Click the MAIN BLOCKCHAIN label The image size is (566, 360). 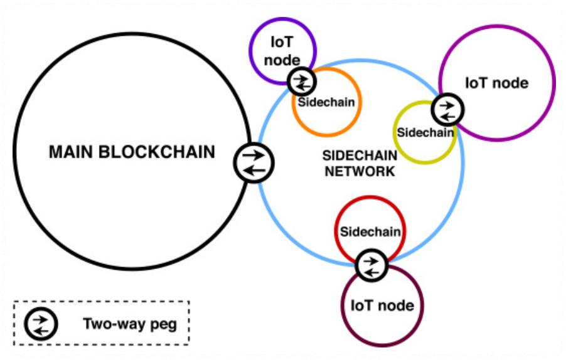point(132,152)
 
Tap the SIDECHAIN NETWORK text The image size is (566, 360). point(359,163)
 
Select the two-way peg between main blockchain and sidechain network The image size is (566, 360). point(254,162)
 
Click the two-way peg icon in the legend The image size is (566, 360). point(41,324)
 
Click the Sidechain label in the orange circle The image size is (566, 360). point(326,102)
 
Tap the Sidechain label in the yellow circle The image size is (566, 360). point(425,132)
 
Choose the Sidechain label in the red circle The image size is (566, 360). point(370,231)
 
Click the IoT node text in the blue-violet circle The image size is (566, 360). point(282,51)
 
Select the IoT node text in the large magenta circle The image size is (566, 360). point(496,83)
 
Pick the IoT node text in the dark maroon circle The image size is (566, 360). point(382,305)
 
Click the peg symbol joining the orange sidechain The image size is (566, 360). point(302,81)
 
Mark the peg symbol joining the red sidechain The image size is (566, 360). point(371,265)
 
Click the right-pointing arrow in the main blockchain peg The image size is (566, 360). point(254,155)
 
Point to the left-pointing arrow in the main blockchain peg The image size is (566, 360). point(254,171)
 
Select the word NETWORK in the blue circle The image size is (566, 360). point(359,171)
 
